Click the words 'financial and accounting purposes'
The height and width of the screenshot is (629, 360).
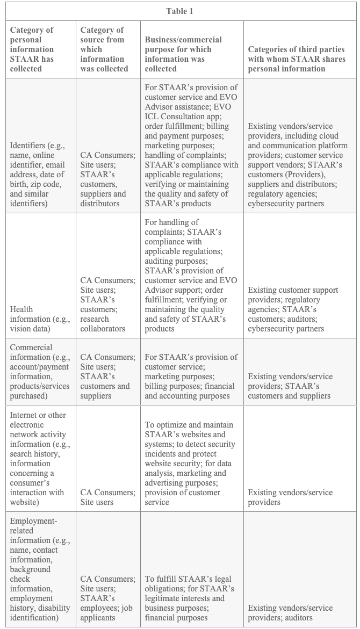[187, 396]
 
